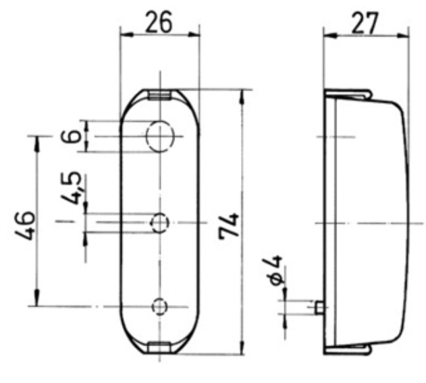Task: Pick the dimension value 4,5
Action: [75, 187]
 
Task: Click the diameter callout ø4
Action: [277, 270]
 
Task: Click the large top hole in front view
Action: [160, 136]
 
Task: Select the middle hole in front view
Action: [159, 223]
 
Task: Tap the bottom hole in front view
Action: [159, 306]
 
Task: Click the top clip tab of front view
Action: [159, 94]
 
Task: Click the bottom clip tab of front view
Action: [159, 348]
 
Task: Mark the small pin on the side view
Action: [319, 307]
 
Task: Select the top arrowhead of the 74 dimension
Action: [243, 94]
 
